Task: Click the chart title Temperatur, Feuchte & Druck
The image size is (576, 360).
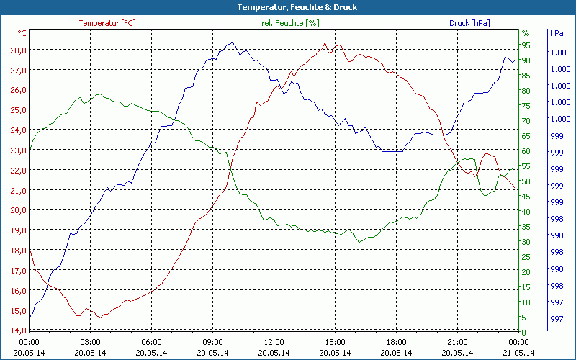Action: pyautogui.click(x=287, y=7)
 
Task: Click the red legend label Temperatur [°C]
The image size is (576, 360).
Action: pyautogui.click(x=107, y=23)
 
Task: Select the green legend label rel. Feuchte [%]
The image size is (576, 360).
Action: pyautogui.click(x=289, y=23)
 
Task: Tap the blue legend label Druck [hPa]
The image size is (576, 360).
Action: pyautogui.click(x=469, y=23)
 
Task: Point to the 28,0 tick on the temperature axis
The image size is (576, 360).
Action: pyautogui.click(x=18, y=50)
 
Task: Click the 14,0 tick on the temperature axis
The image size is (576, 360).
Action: pyautogui.click(x=18, y=330)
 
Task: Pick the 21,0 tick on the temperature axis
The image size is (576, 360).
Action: pyautogui.click(x=18, y=190)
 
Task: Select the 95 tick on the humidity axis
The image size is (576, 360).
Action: pyautogui.click(x=526, y=45)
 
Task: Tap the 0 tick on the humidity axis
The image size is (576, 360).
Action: pyautogui.click(x=523, y=332)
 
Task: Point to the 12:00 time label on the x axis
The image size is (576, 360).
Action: pyautogui.click(x=274, y=342)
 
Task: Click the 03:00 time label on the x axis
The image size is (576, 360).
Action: pyautogui.click(x=90, y=342)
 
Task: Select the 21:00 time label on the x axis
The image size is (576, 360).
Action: pyautogui.click(x=457, y=342)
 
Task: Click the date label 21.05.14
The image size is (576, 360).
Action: pyautogui.click(x=518, y=353)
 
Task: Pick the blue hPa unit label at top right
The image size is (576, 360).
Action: pyautogui.click(x=556, y=33)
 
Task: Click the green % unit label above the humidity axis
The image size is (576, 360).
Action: pyautogui.click(x=526, y=33)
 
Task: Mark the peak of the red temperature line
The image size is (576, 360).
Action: pyautogui.click(x=325, y=43)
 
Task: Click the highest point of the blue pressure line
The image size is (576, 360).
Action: pyautogui.click(x=230, y=43)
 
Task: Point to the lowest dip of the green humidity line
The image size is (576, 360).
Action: pyautogui.click(x=359, y=242)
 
